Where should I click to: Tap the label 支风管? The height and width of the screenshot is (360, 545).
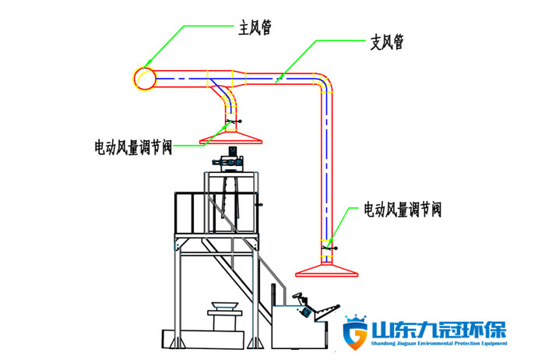point(387,42)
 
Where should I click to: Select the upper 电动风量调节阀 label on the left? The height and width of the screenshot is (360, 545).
point(133,146)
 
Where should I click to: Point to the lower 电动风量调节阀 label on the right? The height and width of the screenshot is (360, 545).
point(403,210)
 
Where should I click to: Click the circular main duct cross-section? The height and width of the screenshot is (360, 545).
point(144,78)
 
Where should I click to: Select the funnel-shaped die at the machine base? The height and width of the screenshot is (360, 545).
point(223,306)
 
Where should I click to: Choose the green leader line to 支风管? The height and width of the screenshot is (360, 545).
point(315,58)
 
